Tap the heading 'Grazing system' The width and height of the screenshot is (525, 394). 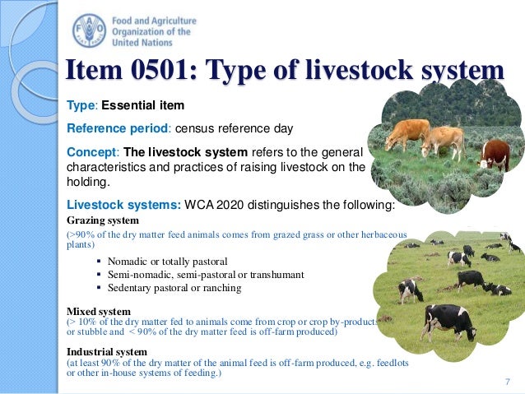103,220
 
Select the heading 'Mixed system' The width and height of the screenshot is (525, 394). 98,312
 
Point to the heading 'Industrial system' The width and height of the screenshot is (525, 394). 107,351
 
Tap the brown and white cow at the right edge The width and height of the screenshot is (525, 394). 495,153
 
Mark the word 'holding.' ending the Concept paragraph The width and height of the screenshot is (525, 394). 88,183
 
